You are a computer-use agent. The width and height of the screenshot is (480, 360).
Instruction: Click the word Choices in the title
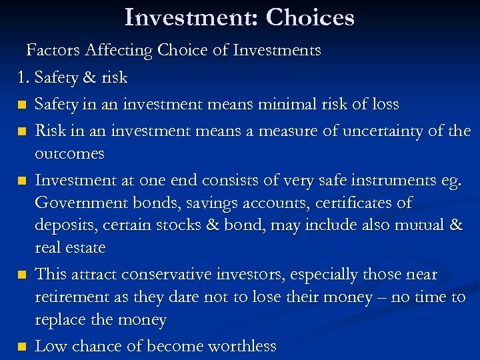click(310, 17)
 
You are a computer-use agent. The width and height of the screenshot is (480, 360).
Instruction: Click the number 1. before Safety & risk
click(24, 77)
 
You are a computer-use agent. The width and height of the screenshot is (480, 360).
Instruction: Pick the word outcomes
click(69, 153)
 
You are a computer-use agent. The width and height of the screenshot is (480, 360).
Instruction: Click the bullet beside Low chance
click(23, 347)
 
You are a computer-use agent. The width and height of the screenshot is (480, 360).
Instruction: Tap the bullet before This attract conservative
click(23, 275)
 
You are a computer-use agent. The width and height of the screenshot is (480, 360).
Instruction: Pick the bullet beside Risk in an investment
click(23, 131)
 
